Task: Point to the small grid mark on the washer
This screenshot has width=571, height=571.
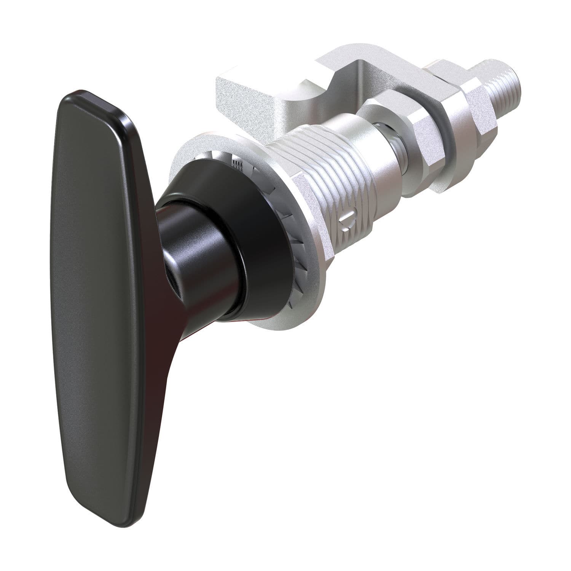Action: [237, 164]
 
